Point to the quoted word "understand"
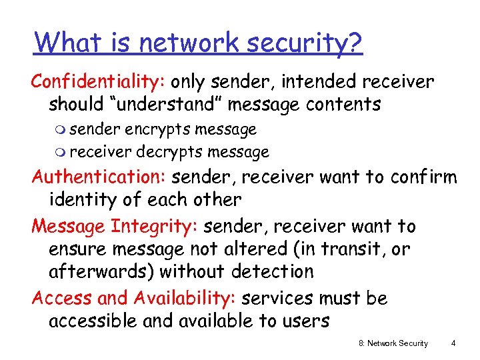172,105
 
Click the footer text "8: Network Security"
393,343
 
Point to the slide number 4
453,343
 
